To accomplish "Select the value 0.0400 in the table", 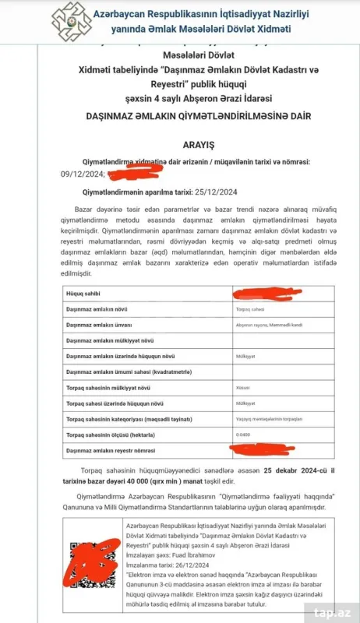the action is click(245, 435).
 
